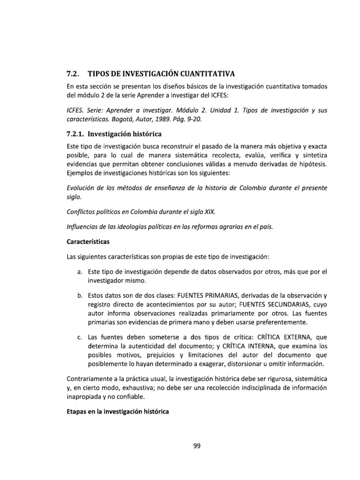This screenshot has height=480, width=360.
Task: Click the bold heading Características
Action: tap(87, 242)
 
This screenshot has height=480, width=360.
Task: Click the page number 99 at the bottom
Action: tap(197, 446)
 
